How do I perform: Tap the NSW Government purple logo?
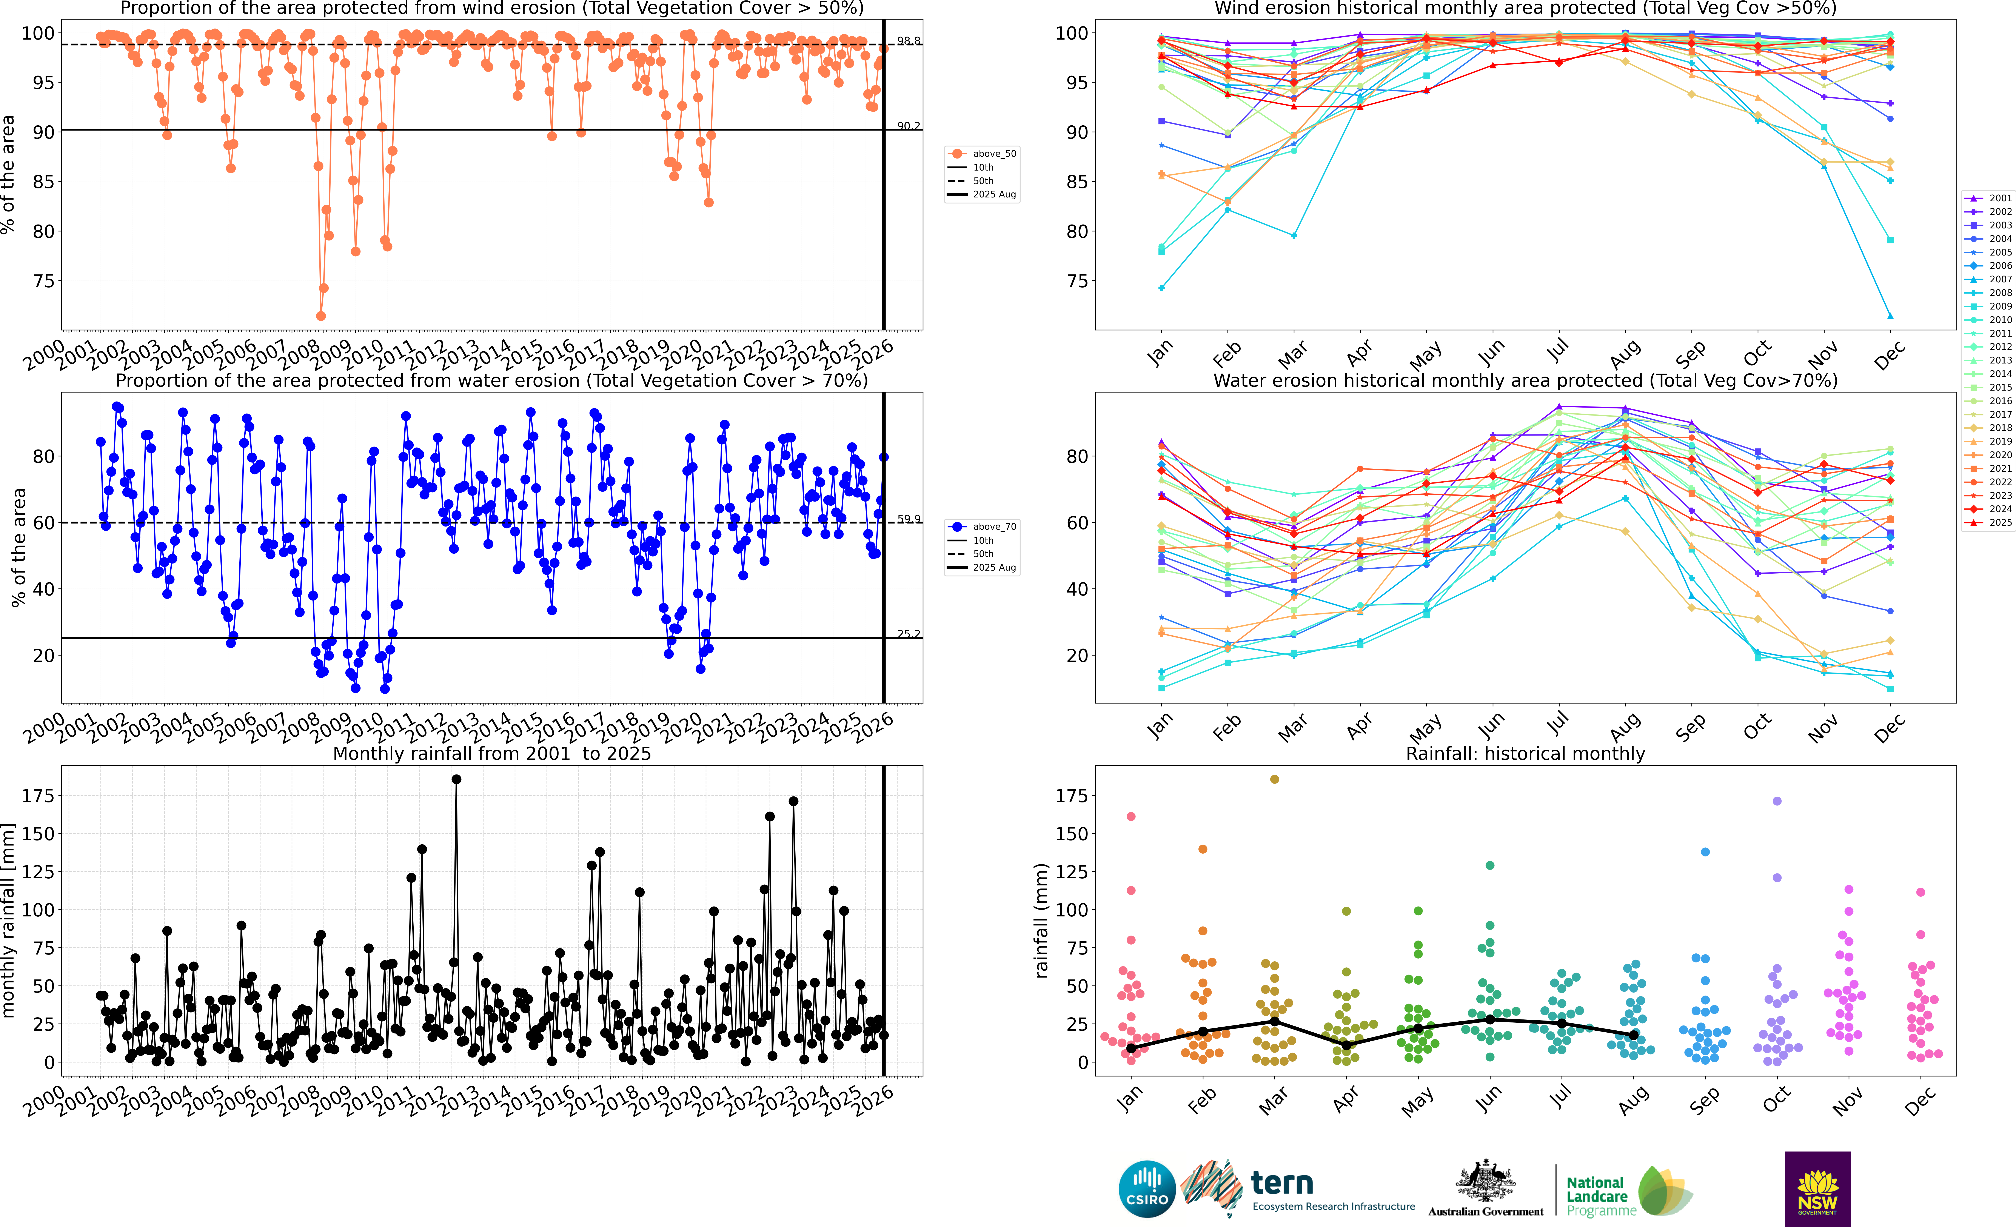(1817, 1189)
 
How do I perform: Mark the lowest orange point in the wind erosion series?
(321, 316)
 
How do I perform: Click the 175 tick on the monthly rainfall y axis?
(38, 796)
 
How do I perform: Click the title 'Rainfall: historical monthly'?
(1525, 753)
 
